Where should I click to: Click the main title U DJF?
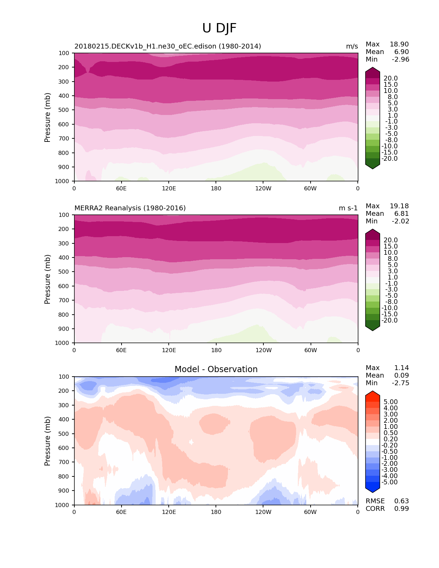coord(219,28)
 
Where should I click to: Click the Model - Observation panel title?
coord(216,369)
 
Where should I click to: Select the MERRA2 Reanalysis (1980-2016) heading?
coord(130,208)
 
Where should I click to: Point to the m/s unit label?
coord(352,46)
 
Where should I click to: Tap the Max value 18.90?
coord(399,44)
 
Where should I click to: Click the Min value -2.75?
coord(400,383)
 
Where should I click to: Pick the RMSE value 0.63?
coord(401,501)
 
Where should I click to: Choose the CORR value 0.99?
coord(401,509)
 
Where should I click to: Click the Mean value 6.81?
coord(401,214)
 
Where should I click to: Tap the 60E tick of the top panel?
coord(121,188)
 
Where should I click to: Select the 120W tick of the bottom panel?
coord(263,512)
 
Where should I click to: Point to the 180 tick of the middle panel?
coord(216,350)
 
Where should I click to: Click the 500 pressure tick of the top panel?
coord(64,110)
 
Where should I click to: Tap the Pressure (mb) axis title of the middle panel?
coord(48,279)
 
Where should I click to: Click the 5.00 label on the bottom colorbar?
coord(390,402)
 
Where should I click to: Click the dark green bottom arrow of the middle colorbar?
coord(372,327)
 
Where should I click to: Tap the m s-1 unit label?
coord(348,208)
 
